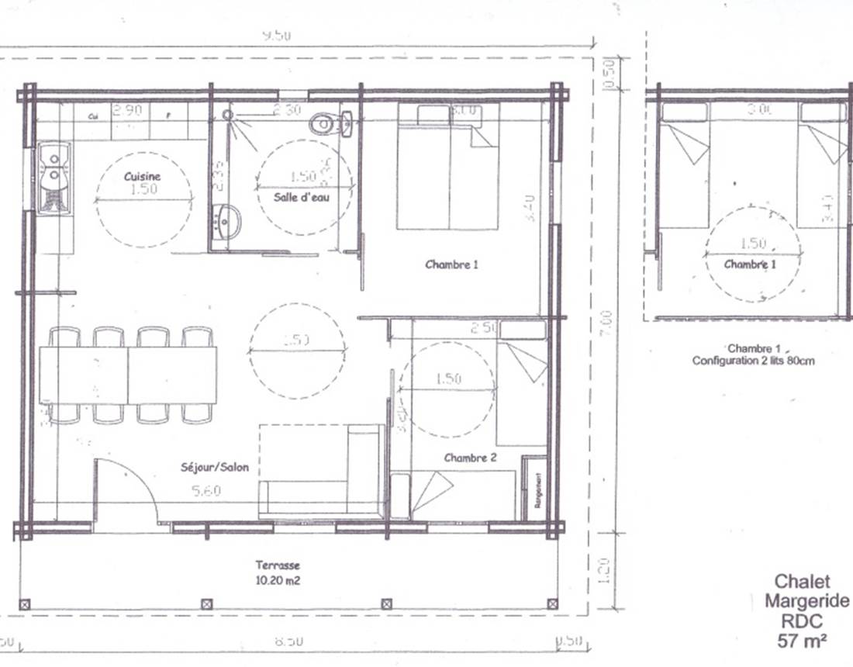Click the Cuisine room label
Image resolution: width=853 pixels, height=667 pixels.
coord(143,177)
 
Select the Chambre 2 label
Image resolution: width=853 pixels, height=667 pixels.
coord(470,458)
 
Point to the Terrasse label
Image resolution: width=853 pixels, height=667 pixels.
coord(278,565)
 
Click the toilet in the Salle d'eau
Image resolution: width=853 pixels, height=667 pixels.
coord(330,123)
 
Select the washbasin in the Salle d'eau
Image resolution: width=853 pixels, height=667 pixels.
coord(226,222)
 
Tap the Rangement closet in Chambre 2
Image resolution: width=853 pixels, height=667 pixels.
coord(534,488)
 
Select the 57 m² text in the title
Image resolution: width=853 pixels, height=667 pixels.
coord(801,641)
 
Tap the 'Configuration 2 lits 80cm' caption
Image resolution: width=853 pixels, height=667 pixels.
coord(753,361)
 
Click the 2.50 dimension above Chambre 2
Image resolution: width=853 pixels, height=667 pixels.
coord(484,328)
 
